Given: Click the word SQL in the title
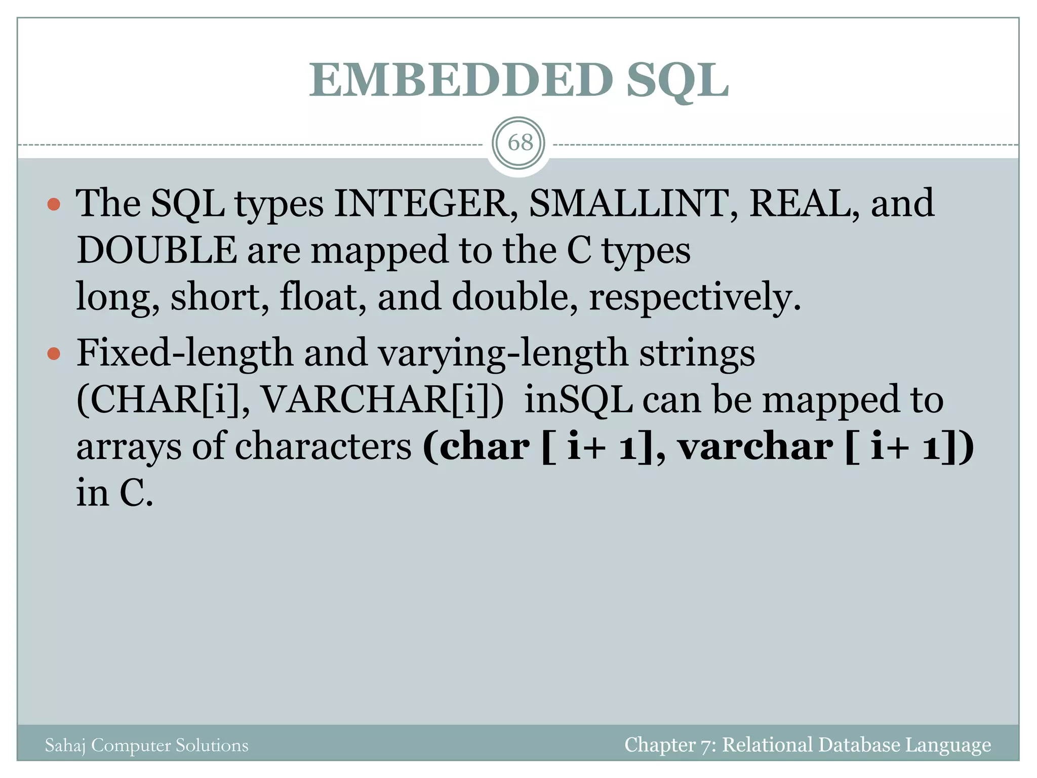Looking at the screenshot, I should (677, 81).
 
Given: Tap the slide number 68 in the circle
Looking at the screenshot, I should (520, 143).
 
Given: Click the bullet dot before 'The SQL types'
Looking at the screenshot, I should (54, 205).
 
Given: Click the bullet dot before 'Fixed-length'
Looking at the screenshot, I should (54, 354).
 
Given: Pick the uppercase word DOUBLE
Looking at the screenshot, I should (156, 250).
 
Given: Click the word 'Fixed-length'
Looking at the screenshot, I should (185, 353).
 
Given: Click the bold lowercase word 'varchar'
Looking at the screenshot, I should (755, 447).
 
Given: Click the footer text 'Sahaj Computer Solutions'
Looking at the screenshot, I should (147, 745).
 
